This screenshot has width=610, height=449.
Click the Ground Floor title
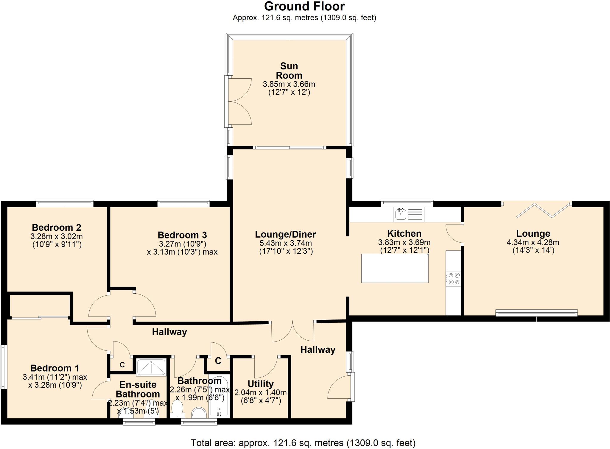click(x=304, y=6)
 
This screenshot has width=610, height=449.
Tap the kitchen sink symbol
click(x=401, y=214)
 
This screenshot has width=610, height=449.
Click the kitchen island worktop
click(x=395, y=268)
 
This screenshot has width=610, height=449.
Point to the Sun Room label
click(x=289, y=71)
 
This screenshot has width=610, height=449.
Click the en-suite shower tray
click(x=151, y=367)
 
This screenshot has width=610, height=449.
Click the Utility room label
click(x=260, y=384)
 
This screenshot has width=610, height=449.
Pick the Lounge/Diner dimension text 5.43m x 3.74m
click(x=286, y=243)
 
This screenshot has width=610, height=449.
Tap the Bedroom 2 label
click(x=56, y=227)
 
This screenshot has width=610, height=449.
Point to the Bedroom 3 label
click(x=182, y=235)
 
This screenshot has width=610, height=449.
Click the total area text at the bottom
click(x=303, y=443)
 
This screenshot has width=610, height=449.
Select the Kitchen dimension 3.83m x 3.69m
click(x=404, y=242)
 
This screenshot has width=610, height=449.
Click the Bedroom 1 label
click(x=55, y=368)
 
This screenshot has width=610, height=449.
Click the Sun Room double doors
click(x=240, y=101)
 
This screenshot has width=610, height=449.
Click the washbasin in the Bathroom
click(x=199, y=413)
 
